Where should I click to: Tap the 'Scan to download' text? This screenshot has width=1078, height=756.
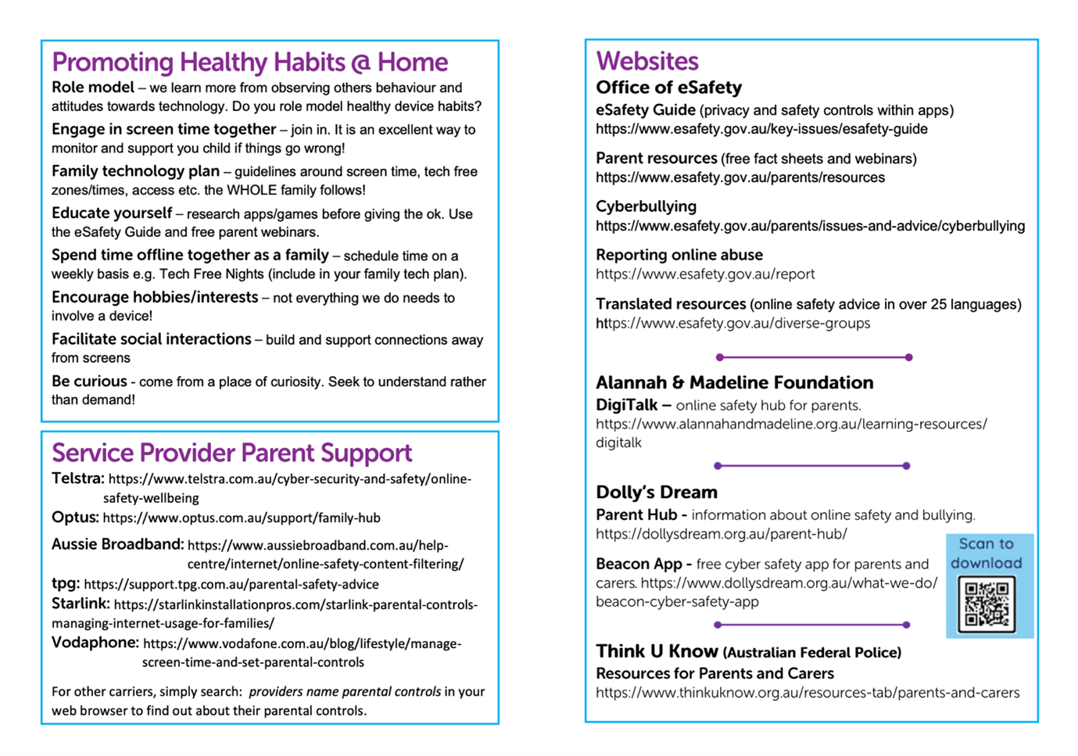tap(986, 553)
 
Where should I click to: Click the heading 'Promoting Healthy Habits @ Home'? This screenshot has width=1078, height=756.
tap(249, 62)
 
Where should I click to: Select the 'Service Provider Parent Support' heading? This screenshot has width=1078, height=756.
tap(231, 453)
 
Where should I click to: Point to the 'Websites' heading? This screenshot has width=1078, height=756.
tap(646, 61)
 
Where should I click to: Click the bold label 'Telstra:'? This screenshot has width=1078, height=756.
tap(77, 478)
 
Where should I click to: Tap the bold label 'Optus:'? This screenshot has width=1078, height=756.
tap(75, 518)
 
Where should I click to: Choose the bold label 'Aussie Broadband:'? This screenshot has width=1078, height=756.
tap(117, 544)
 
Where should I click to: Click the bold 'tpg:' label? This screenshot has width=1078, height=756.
tap(66, 583)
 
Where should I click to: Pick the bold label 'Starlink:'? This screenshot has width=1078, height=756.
tap(81, 604)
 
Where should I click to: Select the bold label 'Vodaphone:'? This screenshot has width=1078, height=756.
tap(95, 643)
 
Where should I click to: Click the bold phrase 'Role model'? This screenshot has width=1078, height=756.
tap(93, 87)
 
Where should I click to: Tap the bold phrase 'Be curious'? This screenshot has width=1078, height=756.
tap(89, 382)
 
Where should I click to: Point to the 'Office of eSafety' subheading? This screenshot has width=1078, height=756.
tap(668, 87)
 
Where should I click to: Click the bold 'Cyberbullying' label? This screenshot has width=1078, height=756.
tap(646, 206)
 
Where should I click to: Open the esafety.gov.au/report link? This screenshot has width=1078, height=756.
tap(705, 274)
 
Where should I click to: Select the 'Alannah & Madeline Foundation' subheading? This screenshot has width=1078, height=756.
tap(734, 382)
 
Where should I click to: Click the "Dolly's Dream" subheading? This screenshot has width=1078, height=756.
tap(656, 492)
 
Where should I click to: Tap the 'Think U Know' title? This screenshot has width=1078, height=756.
tap(657, 651)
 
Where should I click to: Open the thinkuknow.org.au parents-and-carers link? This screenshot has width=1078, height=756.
tap(808, 693)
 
